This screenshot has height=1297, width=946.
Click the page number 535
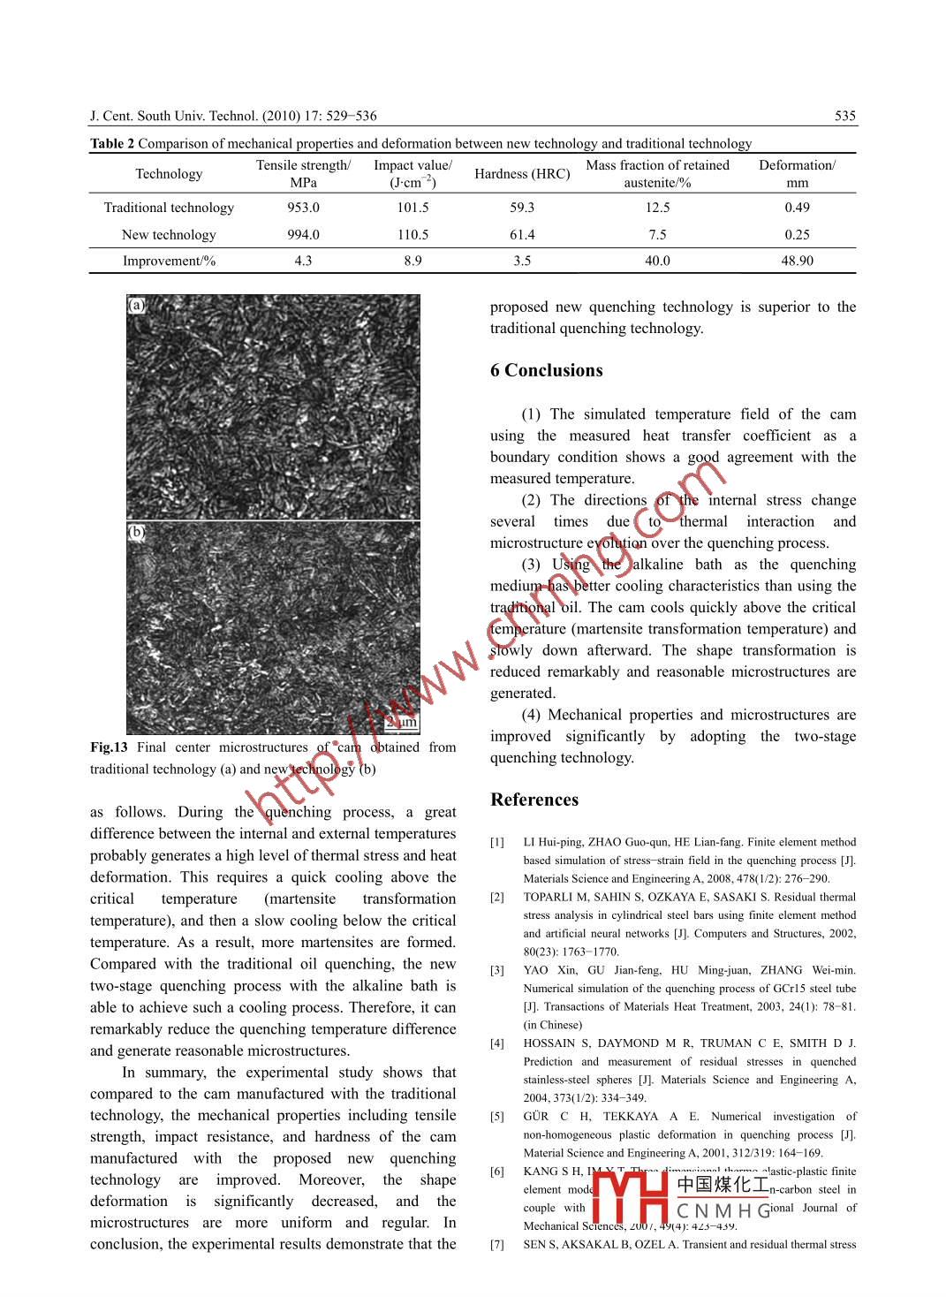point(844,116)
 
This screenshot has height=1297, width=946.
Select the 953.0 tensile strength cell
point(303,208)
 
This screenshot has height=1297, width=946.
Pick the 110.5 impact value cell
point(412,235)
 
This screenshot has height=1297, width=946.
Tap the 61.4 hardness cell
point(522,235)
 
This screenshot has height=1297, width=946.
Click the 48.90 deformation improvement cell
point(797,261)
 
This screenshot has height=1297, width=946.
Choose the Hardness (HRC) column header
point(522,174)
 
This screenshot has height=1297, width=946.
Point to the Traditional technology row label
point(169,208)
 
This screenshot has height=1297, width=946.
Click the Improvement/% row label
point(169,261)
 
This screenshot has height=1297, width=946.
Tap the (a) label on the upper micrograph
point(137,306)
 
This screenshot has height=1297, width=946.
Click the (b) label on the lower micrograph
point(137,533)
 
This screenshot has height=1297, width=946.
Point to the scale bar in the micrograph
point(400,722)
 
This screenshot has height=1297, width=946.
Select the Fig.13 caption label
point(109,747)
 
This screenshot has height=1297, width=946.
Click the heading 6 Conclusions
point(547,371)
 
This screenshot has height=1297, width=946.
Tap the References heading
point(534,800)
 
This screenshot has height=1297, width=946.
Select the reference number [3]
point(497,970)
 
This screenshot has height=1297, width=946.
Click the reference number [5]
point(497,1117)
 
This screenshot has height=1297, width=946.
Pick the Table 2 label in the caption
point(112,144)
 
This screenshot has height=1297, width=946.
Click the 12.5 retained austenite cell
point(657,208)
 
